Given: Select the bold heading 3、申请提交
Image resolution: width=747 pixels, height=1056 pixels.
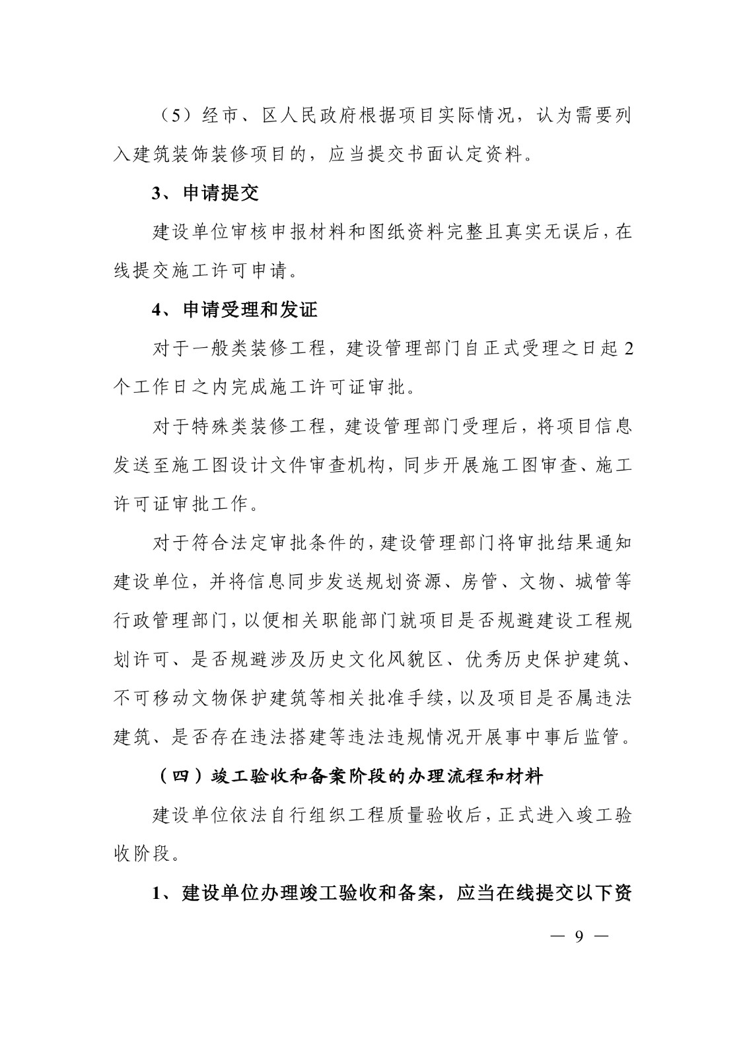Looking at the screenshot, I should tap(205, 193).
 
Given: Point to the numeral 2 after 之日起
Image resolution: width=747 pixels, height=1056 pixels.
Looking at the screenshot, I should tap(627, 348).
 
